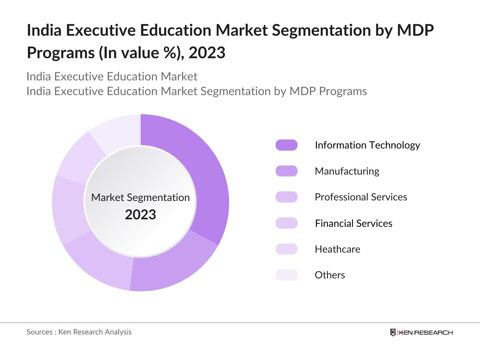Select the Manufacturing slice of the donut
[174, 270]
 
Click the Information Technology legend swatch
[286, 145]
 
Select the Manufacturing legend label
[347, 171]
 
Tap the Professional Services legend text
[361, 197]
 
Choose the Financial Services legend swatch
[286, 223]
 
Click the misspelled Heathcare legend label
[337, 249]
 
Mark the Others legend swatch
[286, 275]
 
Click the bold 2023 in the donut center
[140, 215]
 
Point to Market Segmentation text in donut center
[140, 198]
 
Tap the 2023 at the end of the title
[207, 53]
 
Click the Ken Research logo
[421, 332]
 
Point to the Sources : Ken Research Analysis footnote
[79, 332]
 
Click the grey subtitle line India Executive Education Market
[112, 77]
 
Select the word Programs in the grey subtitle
[343, 91]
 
